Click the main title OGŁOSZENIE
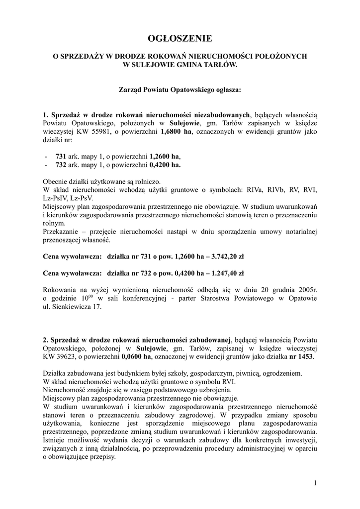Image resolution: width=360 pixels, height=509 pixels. coord(180,38)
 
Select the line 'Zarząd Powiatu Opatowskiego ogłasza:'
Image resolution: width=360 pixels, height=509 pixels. coord(180,90)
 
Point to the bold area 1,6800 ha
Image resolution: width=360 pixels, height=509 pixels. coord(176,132)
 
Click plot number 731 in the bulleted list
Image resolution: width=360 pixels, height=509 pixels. coord(61,156)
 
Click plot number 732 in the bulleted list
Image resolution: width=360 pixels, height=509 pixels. coord(61,165)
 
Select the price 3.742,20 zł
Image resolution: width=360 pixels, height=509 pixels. coord(225,257)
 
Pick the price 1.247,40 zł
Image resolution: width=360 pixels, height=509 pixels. coord(225,273)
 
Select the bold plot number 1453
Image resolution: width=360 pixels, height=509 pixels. coord(306,356)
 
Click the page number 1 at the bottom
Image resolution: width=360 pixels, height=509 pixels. coord(315,483)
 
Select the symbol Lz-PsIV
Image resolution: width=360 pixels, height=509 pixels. coord(56,197)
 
